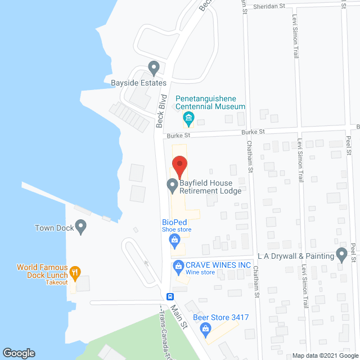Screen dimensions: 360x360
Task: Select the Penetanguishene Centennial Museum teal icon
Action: point(189,118)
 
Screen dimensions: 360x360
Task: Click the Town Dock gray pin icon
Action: point(81,228)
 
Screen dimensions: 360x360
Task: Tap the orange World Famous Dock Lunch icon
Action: point(74,273)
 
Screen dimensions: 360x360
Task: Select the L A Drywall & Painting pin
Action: point(341,255)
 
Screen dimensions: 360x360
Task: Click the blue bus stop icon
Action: point(169,296)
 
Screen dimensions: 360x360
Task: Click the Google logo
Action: point(18,353)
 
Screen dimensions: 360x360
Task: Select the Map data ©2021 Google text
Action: point(325,355)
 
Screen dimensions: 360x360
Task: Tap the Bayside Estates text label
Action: point(135,83)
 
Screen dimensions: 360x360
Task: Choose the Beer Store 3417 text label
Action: point(221,318)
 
